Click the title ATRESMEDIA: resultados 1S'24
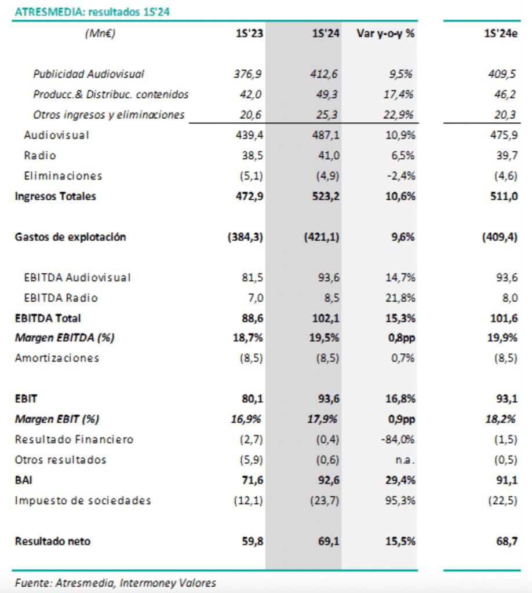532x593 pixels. click(92, 12)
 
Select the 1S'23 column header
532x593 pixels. click(249, 33)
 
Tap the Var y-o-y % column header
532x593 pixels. click(385, 33)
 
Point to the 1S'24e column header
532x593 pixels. click(501, 33)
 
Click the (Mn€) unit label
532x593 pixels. click(100, 33)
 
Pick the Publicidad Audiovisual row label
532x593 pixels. click(89, 74)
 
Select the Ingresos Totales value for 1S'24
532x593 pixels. click(326, 196)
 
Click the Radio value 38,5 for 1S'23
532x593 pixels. click(252, 155)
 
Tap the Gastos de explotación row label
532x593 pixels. click(70, 237)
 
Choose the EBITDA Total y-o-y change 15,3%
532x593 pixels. click(400, 318)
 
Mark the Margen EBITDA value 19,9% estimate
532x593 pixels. click(502, 338)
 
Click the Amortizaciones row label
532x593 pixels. click(57, 358)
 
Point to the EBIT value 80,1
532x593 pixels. click(252, 398)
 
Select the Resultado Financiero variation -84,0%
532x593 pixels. click(398, 440)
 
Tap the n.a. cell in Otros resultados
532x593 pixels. click(405, 460)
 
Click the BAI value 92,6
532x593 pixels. click(329, 480)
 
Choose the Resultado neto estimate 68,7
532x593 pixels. click(507, 541)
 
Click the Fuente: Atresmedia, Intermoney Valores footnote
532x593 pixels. click(115, 583)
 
